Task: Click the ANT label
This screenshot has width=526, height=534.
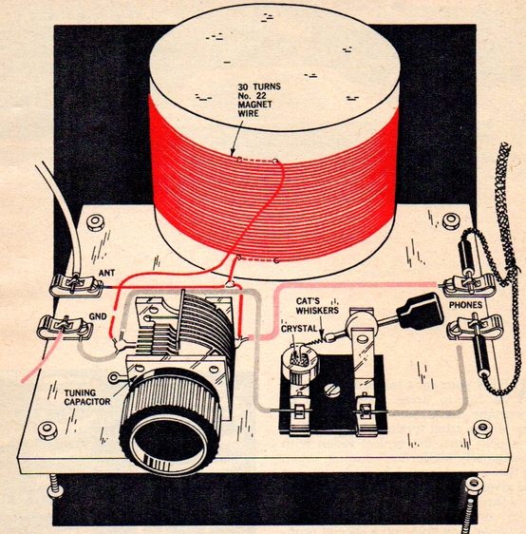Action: point(107,273)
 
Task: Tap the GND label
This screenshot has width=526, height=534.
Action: point(98,316)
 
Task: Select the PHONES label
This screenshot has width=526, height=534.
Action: point(465,305)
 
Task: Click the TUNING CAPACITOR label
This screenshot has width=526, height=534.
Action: point(87,397)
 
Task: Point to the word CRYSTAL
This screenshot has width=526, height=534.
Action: point(299,330)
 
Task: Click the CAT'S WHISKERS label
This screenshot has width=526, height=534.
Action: point(317,306)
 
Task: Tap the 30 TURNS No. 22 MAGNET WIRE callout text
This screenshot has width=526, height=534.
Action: point(259,100)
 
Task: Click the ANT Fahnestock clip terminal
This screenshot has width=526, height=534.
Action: point(76,285)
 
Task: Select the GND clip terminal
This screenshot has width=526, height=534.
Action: point(64,328)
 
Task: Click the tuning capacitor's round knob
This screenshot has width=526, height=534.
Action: point(170,426)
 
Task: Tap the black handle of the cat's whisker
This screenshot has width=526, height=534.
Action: point(420,312)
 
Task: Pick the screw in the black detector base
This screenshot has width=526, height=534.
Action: point(332,390)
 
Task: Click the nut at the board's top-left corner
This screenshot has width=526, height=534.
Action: point(95,222)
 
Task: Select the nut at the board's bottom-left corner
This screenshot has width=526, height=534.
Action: point(47,430)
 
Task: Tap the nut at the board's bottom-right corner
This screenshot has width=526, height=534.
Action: point(482,429)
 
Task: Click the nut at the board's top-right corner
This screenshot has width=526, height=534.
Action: point(451,221)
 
